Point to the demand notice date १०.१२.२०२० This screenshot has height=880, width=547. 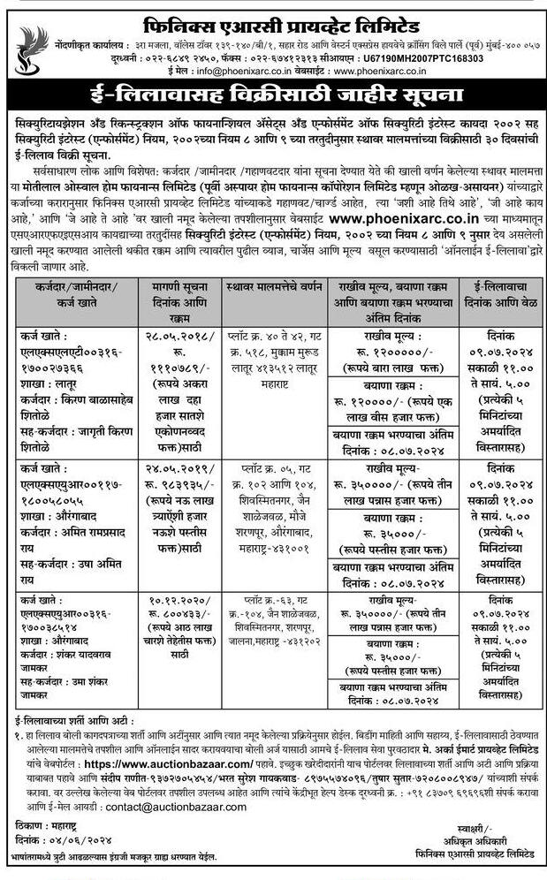(x=169, y=600)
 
